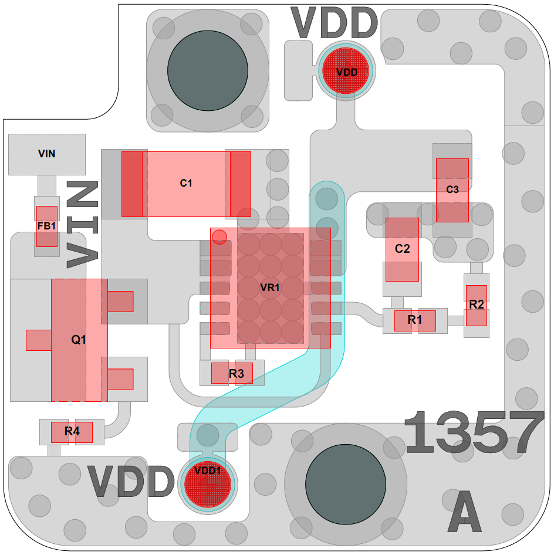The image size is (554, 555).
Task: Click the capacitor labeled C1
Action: pos(186,184)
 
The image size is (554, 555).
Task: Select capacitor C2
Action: pos(402,249)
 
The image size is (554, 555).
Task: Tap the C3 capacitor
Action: pos(452,189)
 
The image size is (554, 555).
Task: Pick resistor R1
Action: pos(415,320)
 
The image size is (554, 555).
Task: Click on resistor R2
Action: pos(477,305)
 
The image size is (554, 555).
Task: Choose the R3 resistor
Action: pos(232,373)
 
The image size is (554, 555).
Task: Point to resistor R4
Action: pos(72,432)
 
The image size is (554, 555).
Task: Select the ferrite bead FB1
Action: pos(47,226)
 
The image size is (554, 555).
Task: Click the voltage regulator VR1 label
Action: pos(270,288)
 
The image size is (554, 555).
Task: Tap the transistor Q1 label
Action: pos(79,340)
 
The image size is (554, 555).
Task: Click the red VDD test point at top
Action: pos(346,72)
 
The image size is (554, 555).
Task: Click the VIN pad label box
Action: pos(47,154)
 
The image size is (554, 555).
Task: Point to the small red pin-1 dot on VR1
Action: pos(219,237)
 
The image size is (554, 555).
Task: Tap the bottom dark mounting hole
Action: pos(346,483)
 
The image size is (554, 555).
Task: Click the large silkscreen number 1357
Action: pos(474,433)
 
